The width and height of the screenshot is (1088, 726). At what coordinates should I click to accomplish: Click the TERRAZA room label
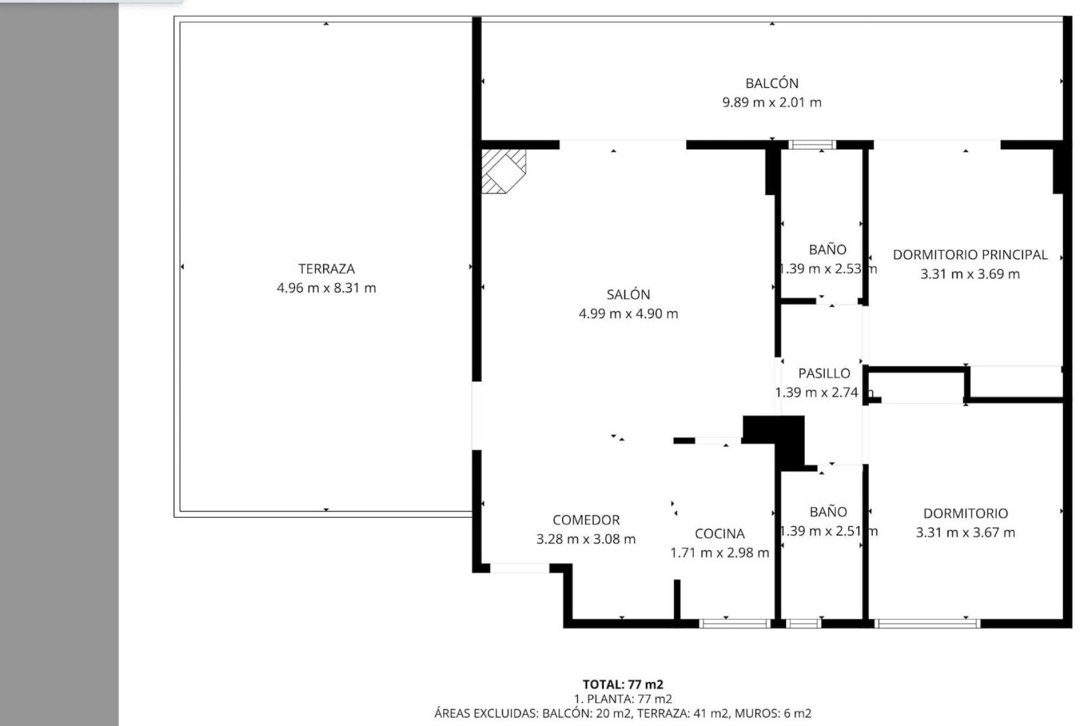tap(326, 269)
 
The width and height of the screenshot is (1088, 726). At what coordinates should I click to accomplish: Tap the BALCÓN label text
tap(772, 83)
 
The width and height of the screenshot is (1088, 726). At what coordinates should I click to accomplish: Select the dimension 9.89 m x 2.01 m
tap(772, 103)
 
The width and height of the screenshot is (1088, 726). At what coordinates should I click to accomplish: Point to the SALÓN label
tap(628, 294)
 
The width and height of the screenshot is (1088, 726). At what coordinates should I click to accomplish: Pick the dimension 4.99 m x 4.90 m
tap(628, 314)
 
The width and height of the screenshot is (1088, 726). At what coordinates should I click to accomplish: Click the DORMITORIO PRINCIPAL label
tap(970, 255)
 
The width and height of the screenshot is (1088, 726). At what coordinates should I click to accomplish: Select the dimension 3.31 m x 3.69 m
tap(970, 274)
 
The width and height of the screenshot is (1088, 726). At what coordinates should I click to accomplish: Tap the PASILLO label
tap(824, 373)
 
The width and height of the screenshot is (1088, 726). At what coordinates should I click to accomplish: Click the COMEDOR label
tap(586, 520)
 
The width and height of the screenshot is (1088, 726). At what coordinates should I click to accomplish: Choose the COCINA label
tap(720, 534)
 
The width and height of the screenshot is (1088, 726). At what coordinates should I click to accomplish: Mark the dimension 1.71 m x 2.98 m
tap(720, 552)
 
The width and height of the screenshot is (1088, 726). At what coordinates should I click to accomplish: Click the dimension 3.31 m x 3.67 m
tap(966, 533)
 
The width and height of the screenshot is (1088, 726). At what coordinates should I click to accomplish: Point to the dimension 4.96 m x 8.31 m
tap(326, 288)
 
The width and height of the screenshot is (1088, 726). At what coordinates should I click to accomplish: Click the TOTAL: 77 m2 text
tap(623, 685)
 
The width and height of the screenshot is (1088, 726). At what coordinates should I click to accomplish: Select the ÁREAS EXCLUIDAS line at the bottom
tap(623, 714)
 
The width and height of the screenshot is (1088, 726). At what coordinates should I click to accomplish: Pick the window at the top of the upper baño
tap(812, 145)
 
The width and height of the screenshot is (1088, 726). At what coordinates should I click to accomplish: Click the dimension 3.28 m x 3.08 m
tap(586, 539)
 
